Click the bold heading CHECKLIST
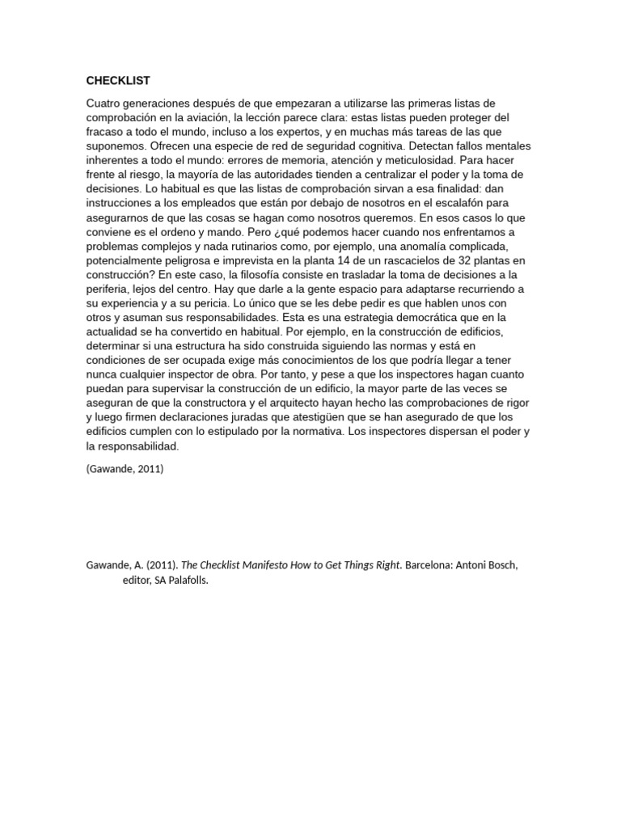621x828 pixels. click(118, 80)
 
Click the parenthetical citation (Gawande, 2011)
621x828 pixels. click(125, 468)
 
